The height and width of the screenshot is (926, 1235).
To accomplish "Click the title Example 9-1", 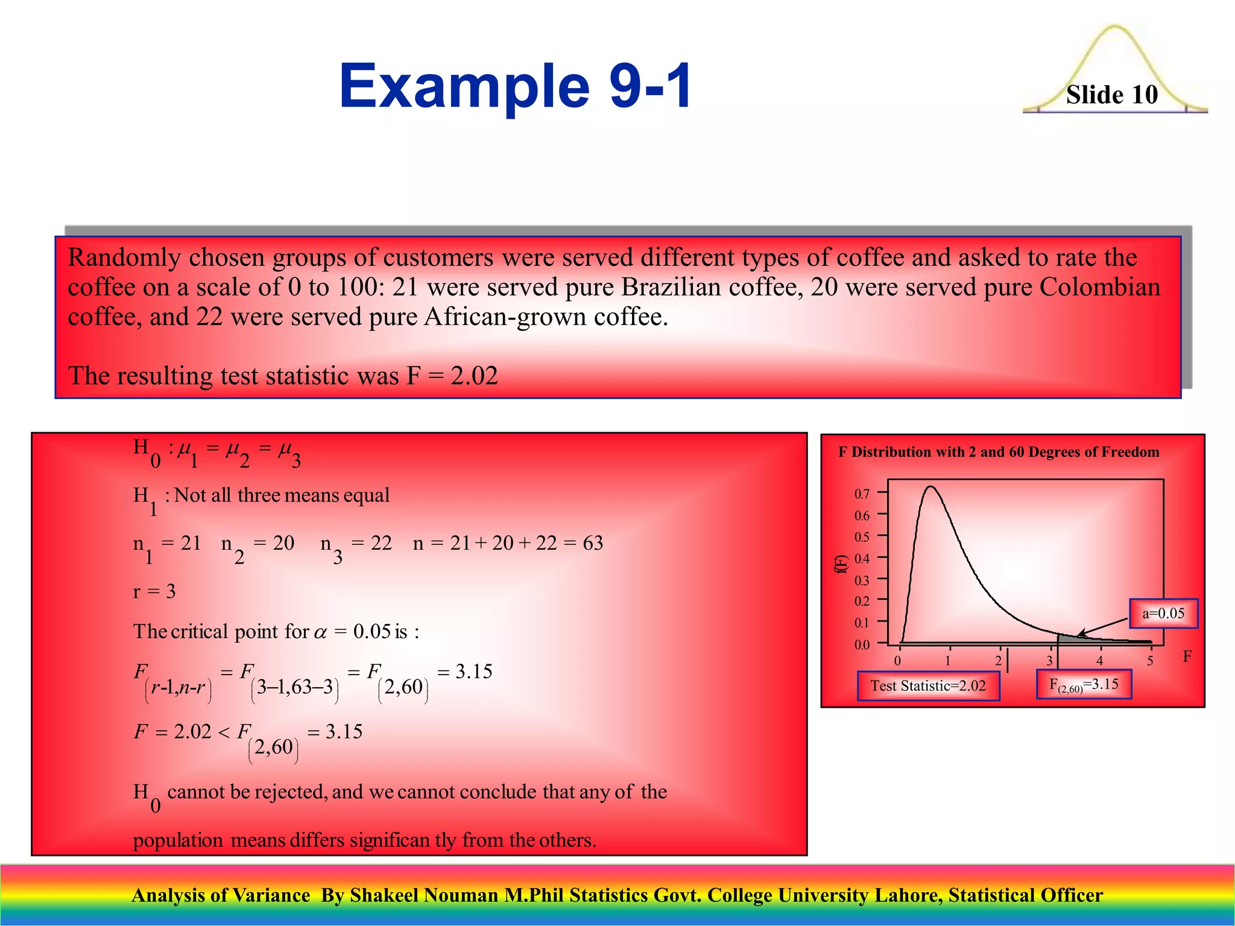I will (516, 86).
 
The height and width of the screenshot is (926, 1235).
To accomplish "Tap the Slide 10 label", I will (1111, 95).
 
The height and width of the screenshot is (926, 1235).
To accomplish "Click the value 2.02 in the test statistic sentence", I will (474, 376).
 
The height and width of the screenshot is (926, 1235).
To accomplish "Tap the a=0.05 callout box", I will (1163, 614).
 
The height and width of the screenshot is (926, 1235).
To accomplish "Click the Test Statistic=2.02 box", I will (928, 686).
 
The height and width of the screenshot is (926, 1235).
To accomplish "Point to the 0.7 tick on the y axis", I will (862, 494).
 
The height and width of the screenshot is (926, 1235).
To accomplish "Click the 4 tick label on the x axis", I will (1099, 661).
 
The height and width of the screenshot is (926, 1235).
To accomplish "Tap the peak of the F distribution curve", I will (931, 487).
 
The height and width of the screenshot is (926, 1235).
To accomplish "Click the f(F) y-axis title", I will (841, 564).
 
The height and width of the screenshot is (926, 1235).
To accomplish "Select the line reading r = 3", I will (154, 591).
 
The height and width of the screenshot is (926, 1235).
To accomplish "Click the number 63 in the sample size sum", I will (592, 543).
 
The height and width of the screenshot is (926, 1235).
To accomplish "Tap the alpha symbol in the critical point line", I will (320, 632).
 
